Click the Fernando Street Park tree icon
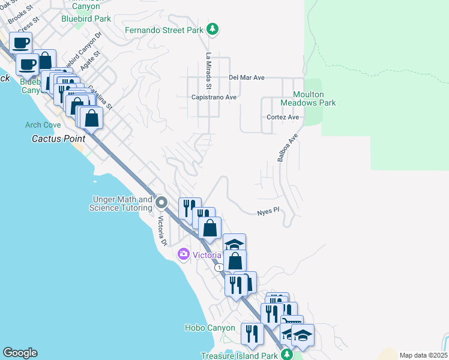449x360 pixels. pos(212,29)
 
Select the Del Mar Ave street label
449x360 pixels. pos(247,78)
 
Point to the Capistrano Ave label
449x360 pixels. pos(214,97)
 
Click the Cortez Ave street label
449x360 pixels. pos(283,118)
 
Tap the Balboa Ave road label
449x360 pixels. pos(288,148)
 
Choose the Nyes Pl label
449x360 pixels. pos(268,211)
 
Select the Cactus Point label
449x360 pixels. pos(58,139)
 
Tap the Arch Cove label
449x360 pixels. pos(43,125)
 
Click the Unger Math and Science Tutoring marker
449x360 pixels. pos(161,203)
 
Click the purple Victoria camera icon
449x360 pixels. pos(184,255)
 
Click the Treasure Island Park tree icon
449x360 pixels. pos(288,355)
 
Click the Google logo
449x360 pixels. pos(20,353)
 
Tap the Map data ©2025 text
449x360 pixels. pos(423,355)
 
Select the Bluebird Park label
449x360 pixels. pos(86,19)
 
